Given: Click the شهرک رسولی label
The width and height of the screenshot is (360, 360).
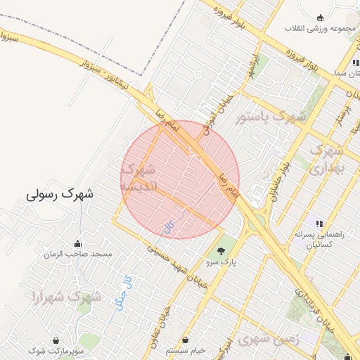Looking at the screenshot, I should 60,193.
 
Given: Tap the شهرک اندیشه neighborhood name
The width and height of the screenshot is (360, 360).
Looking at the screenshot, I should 138,178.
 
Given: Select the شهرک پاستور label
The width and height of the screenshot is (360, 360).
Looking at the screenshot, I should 272,116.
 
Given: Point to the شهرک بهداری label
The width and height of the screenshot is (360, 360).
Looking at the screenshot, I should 327,159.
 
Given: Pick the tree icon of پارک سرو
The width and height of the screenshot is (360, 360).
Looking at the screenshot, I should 221,250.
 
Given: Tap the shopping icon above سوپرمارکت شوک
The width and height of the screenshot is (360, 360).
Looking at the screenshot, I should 56,340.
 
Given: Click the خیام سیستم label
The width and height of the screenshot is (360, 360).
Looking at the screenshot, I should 186,350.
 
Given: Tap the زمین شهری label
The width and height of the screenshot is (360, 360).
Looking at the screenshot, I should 268,339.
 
